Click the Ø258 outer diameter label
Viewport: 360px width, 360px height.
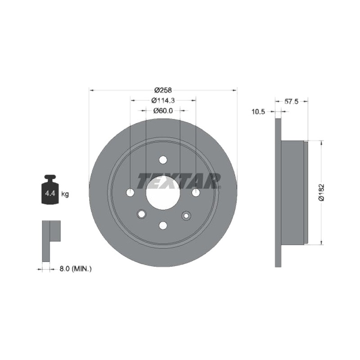tap(163, 90)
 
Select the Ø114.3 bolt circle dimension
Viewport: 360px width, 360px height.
tap(163, 100)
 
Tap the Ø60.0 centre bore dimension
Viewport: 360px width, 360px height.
tap(163, 111)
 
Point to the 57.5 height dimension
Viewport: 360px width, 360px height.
tap(291, 101)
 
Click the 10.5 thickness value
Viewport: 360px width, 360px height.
tap(258, 112)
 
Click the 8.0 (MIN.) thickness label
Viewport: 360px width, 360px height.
tap(76, 269)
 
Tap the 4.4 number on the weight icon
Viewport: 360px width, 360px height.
tap(50, 193)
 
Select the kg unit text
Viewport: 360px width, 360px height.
tap(65, 194)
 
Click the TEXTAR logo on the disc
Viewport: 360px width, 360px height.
tap(179, 181)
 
